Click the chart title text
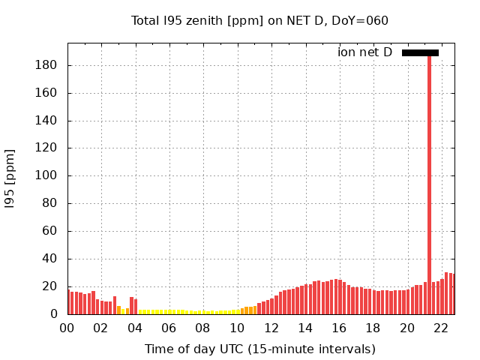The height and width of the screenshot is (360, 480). (x=259, y=20)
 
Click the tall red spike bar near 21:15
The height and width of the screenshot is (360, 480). (x=429, y=180)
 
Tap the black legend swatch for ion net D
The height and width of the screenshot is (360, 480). (x=420, y=52)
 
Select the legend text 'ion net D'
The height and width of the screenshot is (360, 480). (x=364, y=52)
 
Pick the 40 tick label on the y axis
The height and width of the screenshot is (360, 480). (x=52, y=259)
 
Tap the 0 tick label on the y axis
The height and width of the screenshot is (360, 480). (x=55, y=314)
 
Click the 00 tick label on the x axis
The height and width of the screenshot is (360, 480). (x=67, y=328)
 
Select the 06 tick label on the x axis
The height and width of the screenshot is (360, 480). (x=169, y=328)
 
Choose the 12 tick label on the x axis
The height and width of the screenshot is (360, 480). (x=271, y=328)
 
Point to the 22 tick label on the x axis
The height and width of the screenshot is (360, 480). (x=442, y=328)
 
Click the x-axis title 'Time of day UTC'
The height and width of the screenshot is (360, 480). (x=259, y=349)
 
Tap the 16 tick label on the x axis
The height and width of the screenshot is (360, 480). (x=340, y=328)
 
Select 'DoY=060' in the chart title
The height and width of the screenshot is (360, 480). (x=363, y=20)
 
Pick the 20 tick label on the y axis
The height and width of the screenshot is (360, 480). (x=52, y=286)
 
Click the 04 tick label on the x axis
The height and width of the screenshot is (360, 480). (x=135, y=328)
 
